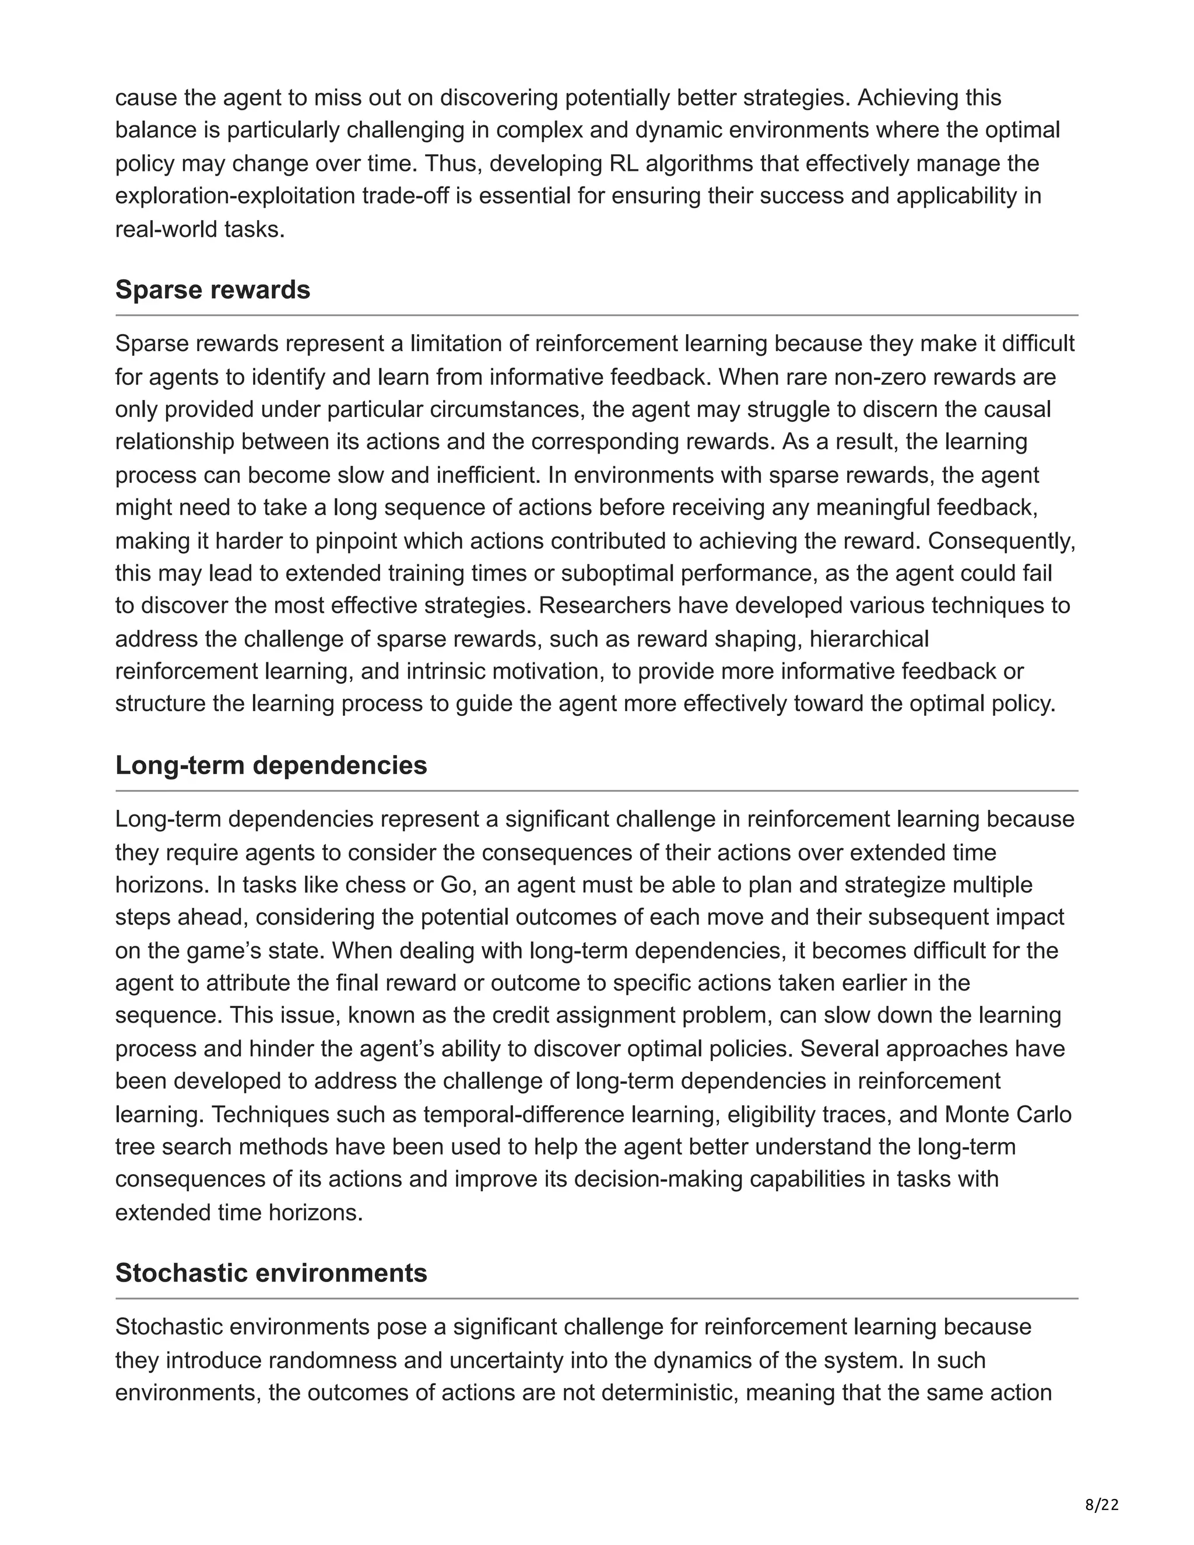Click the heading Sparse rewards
[x=212, y=290]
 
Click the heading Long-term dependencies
[x=271, y=766]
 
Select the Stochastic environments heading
[x=271, y=1273]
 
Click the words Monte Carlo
[x=1008, y=1115]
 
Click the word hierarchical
[x=869, y=640]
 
